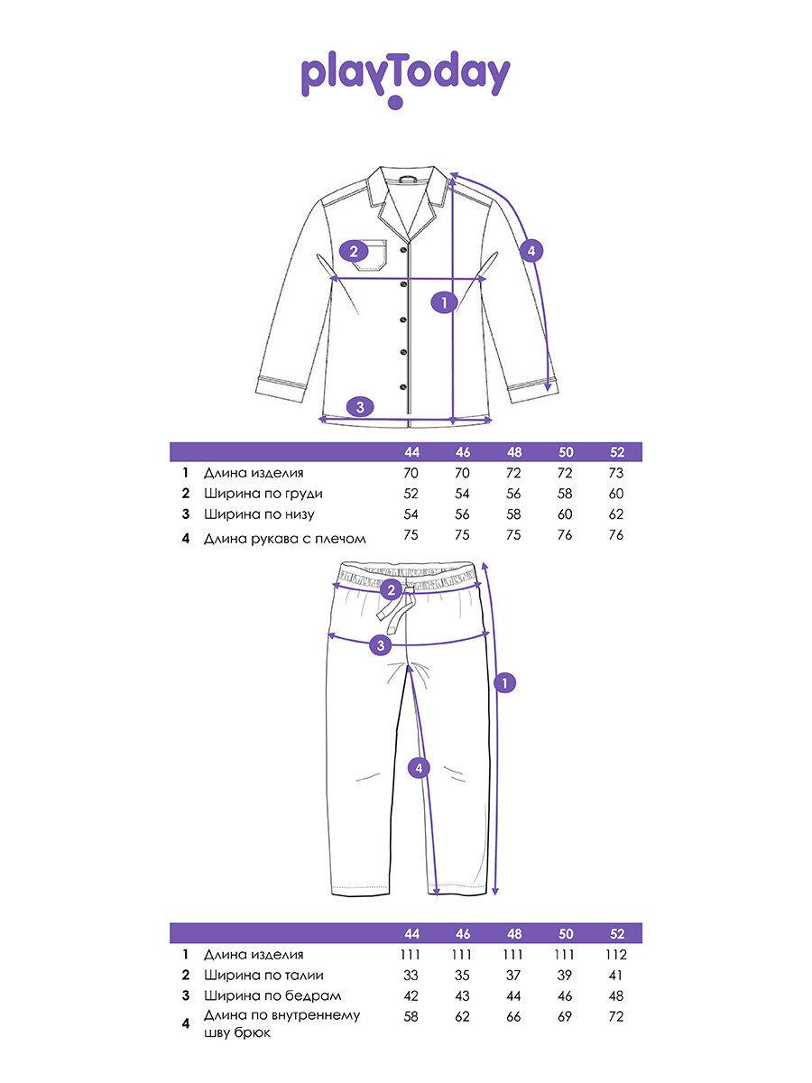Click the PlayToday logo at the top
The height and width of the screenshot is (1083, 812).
click(x=405, y=78)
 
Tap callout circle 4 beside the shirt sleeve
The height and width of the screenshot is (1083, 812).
click(x=532, y=251)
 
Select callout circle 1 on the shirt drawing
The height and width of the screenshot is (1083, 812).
click(x=444, y=302)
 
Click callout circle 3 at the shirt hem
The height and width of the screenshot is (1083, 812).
click(x=360, y=406)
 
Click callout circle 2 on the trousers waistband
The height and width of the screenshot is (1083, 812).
click(x=391, y=590)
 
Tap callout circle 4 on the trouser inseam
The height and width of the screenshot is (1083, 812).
click(x=417, y=768)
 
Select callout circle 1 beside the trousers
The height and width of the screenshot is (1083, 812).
click(x=505, y=683)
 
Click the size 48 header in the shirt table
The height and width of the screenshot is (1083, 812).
click(x=514, y=452)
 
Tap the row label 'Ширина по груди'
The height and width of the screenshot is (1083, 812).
click(x=263, y=494)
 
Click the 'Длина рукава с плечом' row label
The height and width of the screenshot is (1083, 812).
click(x=285, y=539)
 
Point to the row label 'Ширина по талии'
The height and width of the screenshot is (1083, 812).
click(x=263, y=975)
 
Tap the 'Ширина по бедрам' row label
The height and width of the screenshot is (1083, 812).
click(x=266, y=995)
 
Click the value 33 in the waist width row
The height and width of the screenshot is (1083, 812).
click(x=412, y=975)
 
